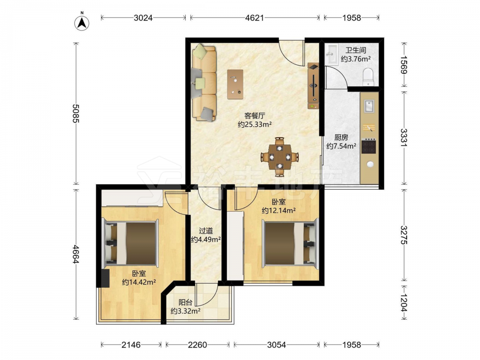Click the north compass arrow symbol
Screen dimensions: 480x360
click(x=82, y=22)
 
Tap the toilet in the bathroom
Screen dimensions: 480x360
click(x=368, y=77)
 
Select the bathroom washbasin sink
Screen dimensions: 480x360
click(x=332, y=55)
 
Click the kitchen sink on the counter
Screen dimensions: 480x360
click(x=369, y=106)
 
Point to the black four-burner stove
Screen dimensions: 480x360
click(x=369, y=146)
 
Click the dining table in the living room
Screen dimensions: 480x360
click(x=279, y=157)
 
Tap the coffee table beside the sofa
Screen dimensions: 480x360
click(x=235, y=84)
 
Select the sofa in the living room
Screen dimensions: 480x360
click(x=204, y=83)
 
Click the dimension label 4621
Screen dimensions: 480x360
click(x=254, y=18)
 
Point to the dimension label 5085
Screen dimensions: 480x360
click(x=76, y=113)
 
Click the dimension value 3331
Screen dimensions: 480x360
click(x=404, y=137)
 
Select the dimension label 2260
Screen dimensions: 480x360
click(x=197, y=345)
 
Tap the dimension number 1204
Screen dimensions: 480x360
click(x=404, y=303)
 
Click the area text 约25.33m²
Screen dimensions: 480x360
click(x=255, y=125)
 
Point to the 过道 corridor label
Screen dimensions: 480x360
click(x=206, y=231)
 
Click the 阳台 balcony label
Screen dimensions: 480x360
click(x=185, y=303)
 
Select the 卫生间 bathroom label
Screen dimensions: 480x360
click(x=356, y=50)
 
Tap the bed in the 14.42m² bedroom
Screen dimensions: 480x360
click(x=131, y=243)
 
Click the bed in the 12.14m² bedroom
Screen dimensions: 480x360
click(x=289, y=243)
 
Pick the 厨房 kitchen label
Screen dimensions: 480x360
click(x=341, y=137)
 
